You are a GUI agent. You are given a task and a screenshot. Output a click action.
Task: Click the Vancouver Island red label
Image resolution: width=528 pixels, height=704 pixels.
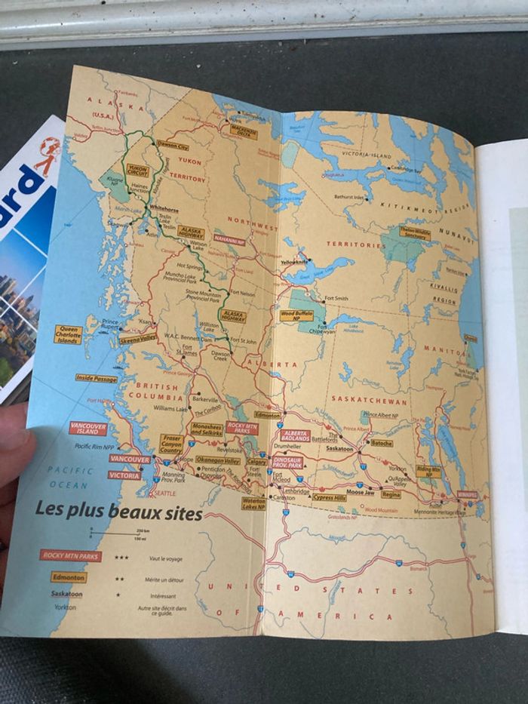point(88,429)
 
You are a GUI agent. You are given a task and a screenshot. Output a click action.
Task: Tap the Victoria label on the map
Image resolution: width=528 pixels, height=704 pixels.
point(124,475)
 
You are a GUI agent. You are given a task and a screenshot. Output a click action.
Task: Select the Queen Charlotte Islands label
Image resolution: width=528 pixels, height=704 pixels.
point(68,334)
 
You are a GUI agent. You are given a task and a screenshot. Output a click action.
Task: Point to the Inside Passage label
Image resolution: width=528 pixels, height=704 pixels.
point(97,378)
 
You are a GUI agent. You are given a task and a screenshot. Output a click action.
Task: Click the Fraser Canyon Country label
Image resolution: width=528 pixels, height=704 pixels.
point(171,443)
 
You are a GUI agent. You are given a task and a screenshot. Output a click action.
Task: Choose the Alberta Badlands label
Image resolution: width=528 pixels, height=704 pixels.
point(296,435)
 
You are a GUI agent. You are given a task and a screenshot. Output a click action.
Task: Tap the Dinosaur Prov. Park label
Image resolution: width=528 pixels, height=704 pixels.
point(287,461)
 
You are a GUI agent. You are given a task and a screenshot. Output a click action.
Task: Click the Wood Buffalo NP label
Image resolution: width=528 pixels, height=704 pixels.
point(296,315)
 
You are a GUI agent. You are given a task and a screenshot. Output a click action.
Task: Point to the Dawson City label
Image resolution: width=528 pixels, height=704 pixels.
point(173,146)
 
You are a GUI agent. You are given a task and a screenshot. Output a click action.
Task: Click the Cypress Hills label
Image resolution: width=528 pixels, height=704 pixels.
point(329,497)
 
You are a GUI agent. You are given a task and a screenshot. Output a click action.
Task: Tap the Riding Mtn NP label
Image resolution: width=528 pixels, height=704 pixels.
point(428,470)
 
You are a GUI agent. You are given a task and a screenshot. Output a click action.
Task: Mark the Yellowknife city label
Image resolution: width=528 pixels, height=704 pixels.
point(296,263)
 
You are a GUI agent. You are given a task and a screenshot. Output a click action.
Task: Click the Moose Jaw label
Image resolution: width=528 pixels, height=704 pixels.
point(360,493)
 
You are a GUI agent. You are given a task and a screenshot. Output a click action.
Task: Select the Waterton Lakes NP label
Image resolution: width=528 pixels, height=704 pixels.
point(253,503)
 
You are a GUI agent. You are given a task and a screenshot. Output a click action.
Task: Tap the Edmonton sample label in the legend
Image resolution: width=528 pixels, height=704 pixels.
point(69,577)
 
